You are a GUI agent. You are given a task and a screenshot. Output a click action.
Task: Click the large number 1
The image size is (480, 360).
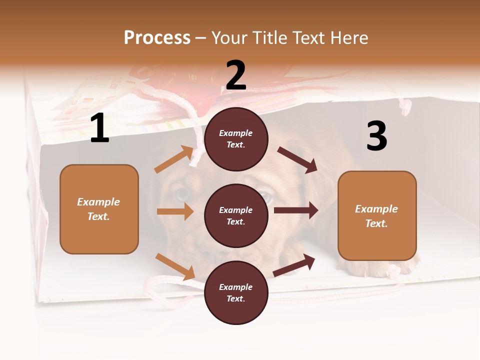tap(99, 128)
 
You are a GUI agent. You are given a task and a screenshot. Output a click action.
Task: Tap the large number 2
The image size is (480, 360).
tap(236, 75)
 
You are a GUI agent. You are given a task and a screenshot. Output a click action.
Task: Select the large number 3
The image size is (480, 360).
tap(376, 136)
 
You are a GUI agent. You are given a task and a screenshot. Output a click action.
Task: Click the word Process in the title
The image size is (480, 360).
tap(157, 37)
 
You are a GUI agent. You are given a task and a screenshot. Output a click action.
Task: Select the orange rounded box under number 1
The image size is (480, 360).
tap(99, 209)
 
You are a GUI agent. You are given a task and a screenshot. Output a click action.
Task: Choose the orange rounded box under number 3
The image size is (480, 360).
tap(377, 216)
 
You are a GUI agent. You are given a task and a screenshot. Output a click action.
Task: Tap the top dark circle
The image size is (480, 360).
tap(236, 139)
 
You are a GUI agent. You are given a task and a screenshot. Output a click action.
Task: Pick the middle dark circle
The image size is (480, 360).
tap(236, 215)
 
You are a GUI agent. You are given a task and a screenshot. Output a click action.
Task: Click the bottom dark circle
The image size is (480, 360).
tap(236, 292)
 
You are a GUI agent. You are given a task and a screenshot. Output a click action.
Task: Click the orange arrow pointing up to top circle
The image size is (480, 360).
tap(174, 159)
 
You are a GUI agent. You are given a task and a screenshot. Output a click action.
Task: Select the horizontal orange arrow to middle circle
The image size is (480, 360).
tap(175, 211)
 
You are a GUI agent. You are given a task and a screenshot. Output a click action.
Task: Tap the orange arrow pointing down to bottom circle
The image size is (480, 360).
tap(175, 266)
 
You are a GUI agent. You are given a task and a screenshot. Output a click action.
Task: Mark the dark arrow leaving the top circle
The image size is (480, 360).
tap(297, 160)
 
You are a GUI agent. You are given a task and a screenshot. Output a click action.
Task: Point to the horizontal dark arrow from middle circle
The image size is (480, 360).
tap(296, 210)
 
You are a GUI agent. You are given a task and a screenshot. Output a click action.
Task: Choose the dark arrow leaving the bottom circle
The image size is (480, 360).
tap(294, 265)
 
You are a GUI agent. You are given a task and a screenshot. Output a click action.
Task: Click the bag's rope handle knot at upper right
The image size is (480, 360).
tap(405, 106)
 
